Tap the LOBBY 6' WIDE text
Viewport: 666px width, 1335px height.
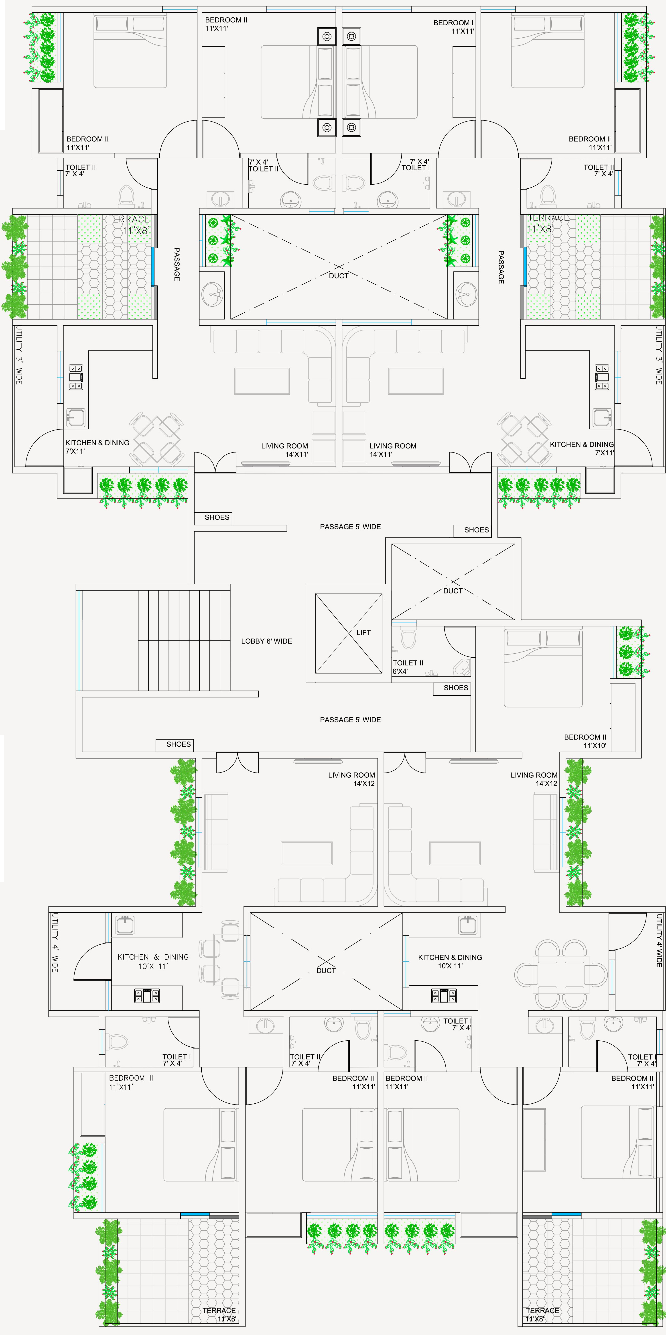point(267,641)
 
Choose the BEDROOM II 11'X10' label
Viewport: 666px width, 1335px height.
point(585,741)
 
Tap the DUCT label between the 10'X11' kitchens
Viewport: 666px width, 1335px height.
point(326,971)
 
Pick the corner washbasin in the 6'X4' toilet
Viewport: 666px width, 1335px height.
point(462,668)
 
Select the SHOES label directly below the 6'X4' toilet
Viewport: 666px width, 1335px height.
point(456,688)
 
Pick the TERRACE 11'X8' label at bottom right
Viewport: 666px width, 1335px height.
point(542,1314)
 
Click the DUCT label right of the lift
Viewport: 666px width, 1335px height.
point(453,591)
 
